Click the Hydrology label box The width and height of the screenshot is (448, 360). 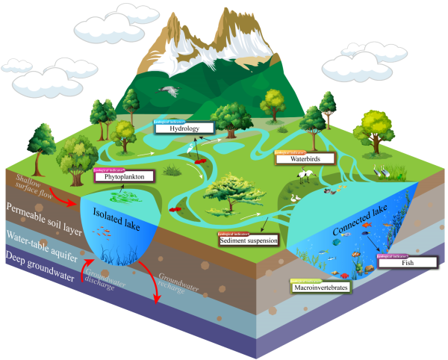pyautogui.click(x=184, y=128)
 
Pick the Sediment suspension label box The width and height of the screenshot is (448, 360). pyautogui.click(x=248, y=241)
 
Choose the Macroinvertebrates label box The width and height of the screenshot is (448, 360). pyautogui.click(x=320, y=287)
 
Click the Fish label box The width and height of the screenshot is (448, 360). pyautogui.click(x=407, y=263)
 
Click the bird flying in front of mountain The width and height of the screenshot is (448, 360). pyautogui.click(x=170, y=91)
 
